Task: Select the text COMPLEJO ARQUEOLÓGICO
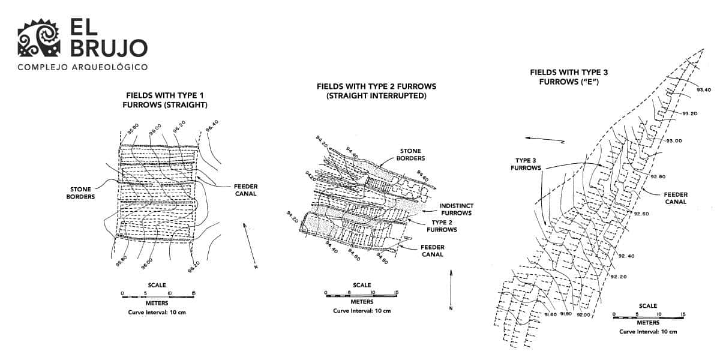coord(83,67)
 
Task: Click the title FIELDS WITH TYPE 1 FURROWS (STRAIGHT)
coord(167,100)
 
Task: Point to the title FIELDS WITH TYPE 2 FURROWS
coord(376,91)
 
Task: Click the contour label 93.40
coord(704,90)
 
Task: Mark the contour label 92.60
coord(641,214)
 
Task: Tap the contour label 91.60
coord(551,314)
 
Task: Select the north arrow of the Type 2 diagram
coord(450,288)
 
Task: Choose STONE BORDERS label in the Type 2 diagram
coord(411,154)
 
